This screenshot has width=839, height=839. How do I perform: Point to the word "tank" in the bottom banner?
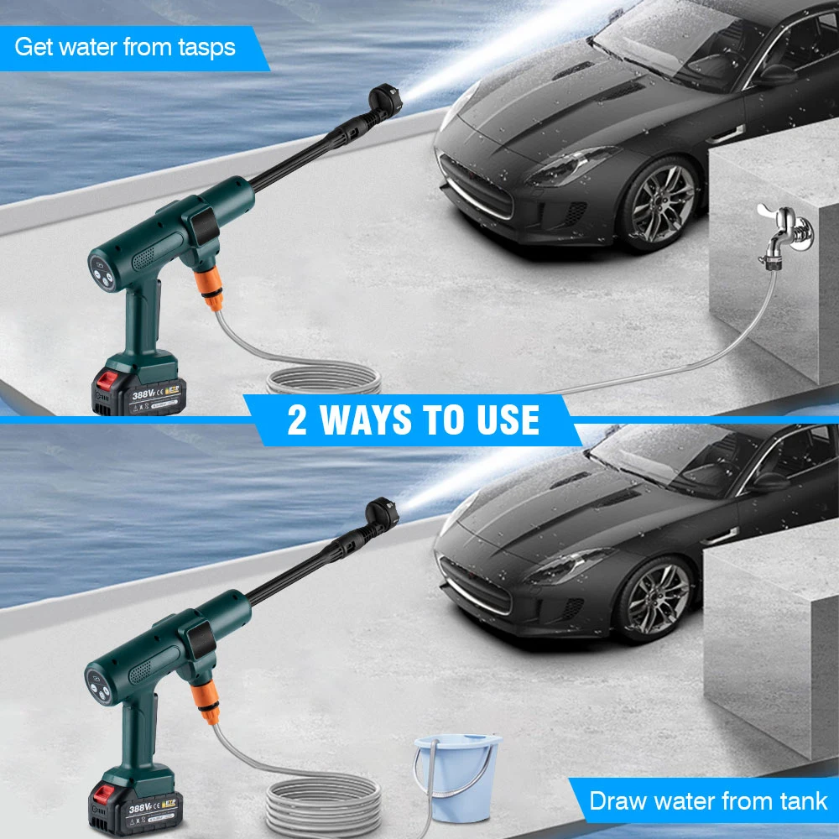pos(800,800)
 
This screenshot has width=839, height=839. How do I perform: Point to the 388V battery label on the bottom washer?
pos(144,808)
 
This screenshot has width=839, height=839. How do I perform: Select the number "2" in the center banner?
pos(297,419)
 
